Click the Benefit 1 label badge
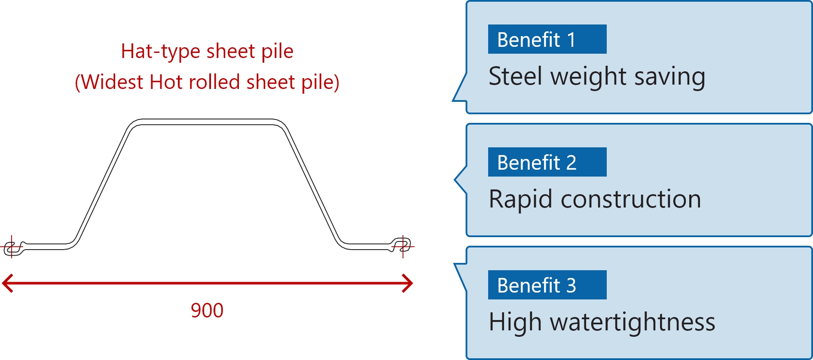coord(547,39)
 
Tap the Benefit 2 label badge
coord(547,162)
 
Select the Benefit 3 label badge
coord(547,285)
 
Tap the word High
coord(515,322)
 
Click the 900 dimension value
coord(207,310)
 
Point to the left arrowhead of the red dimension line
coord(6,283)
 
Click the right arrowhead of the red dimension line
coord(409,283)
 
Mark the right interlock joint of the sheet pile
coord(402,245)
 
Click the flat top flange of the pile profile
coord(207,122)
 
